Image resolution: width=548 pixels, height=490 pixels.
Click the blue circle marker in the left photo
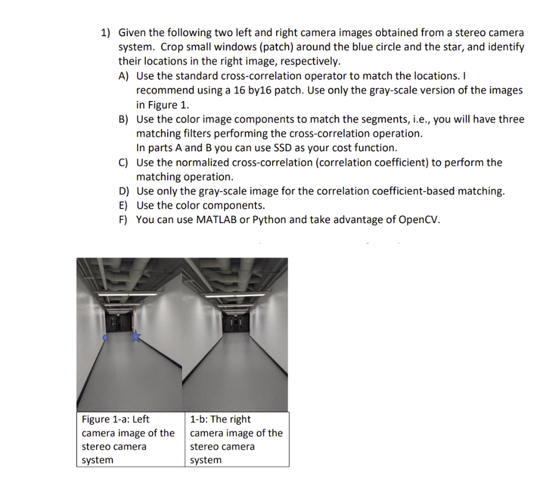pyautogui.click(x=105, y=338)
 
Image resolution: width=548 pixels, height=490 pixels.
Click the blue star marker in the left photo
pyautogui.click(x=136, y=336)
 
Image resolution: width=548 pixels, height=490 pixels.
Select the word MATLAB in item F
pyautogui.click(x=215, y=220)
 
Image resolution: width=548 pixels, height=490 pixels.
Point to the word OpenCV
pyautogui.click(x=419, y=220)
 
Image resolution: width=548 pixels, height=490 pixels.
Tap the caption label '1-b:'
pyautogui.click(x=199, y=419)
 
